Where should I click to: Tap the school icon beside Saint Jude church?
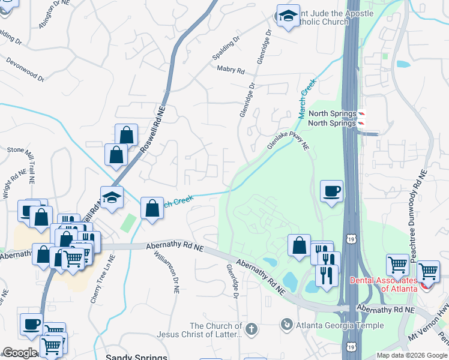pos(288,16)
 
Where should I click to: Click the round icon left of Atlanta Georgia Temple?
pos(287,325)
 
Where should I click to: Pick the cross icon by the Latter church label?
pos(251,329)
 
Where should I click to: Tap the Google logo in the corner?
pos(20,353)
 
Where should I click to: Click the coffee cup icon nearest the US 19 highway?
pos(331,192)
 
